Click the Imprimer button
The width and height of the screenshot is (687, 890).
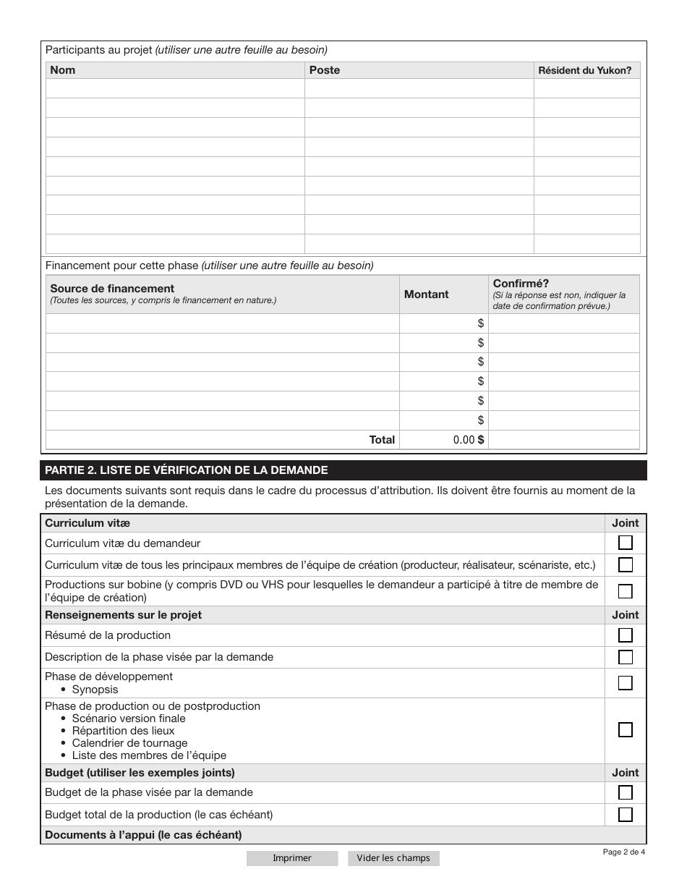pos(291,858)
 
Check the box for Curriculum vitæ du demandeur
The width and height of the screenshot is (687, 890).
pos(626,543)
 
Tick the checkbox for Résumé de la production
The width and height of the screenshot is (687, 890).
pos(626,635)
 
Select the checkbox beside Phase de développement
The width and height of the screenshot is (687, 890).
pos(626,682)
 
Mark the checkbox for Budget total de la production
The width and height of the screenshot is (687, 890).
pos(626,815)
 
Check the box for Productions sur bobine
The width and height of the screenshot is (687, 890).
pos(626,591)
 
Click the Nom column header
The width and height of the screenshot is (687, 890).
pos(63,70)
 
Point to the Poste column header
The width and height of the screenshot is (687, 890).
pos(324,70)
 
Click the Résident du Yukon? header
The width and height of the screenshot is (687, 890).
pos(584,71)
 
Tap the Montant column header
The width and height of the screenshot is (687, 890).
pos(426,294)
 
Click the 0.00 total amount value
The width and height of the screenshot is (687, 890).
pos(464,440)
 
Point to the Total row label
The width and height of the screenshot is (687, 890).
pos(382,440)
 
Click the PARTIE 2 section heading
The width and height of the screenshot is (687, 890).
pos(187,470)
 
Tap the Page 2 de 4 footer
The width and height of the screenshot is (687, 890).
pos(623,852)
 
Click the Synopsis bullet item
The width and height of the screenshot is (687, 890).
pos(95,690)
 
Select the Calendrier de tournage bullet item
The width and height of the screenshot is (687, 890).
pos(129,743)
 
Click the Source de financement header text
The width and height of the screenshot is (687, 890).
pos(112,289)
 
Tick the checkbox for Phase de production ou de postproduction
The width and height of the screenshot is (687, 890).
pos(626,729)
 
